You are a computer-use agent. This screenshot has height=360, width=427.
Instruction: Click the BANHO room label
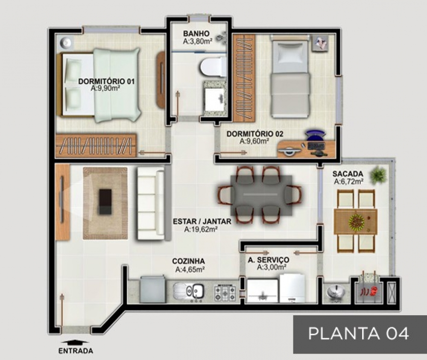pos(196,34)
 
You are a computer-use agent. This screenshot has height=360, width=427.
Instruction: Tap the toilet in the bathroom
pos(213,67)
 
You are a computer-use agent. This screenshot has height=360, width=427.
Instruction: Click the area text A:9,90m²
pos(105,88)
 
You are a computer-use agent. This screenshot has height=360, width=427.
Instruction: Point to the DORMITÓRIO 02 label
pos(255,134)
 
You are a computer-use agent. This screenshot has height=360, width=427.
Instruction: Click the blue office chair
pos(316,135)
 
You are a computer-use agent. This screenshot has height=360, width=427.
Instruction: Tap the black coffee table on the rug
pos(105,202)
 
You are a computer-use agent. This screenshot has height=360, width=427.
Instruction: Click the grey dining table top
pos(261,195)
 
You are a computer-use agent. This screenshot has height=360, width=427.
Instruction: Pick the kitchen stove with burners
pos(225,293)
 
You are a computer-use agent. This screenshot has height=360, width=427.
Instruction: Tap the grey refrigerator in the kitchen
pos(153,290)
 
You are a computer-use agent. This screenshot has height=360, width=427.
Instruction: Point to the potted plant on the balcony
pos(378,174)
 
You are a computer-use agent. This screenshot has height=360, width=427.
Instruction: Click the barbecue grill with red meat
pos(369,291)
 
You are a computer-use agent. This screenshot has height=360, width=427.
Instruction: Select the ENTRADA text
pos(76,351)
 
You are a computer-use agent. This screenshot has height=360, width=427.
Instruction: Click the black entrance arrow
pos(75,342)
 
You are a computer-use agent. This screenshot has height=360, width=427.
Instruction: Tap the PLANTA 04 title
pos(358,333)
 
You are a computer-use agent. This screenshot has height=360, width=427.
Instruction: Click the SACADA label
pos(348,174)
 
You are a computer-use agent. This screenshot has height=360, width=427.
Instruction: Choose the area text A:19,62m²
pos(200,229)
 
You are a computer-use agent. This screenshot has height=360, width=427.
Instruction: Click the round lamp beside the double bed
pos(66,43)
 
